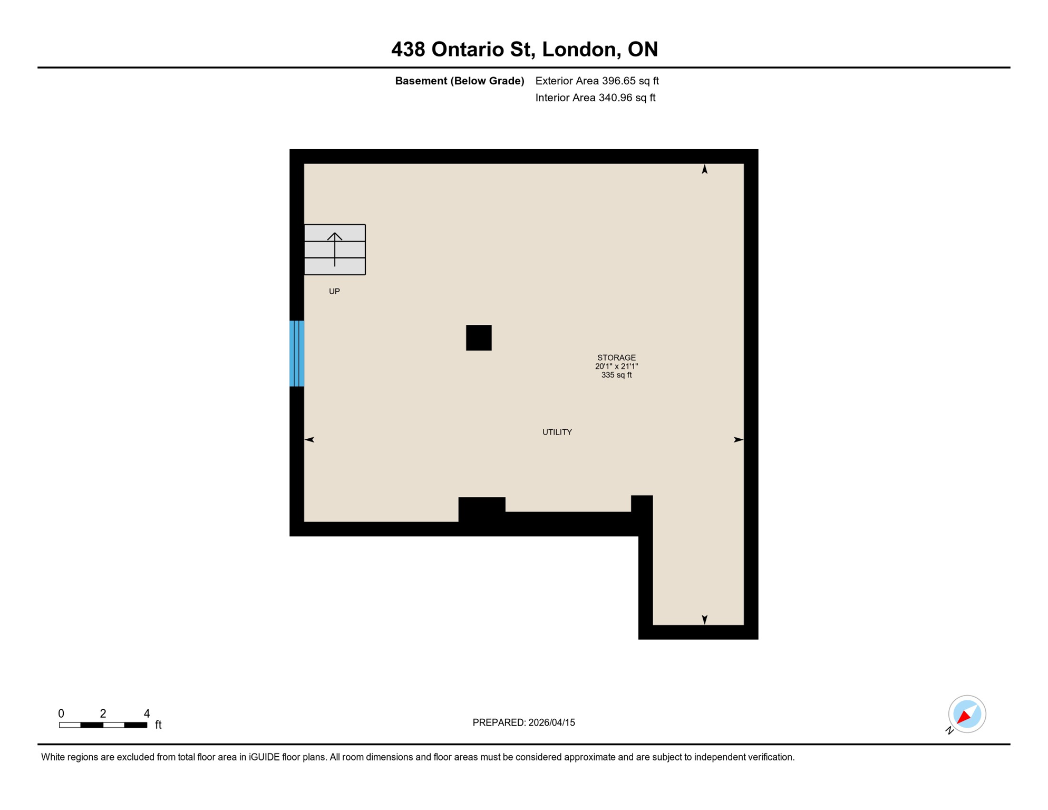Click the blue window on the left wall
297,353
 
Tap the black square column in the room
479,337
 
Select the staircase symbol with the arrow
335,249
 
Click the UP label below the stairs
334,291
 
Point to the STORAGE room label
616,358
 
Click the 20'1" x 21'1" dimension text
616,366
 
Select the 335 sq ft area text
616,375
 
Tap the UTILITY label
557,432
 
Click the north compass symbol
967,714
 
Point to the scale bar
103,725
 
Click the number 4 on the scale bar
147,713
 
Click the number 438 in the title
408,49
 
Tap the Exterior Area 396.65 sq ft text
597,81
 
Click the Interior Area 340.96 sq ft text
595,98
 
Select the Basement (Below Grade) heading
459,81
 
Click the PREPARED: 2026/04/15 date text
523,722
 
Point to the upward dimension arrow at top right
704,169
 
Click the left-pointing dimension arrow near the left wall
310,439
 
